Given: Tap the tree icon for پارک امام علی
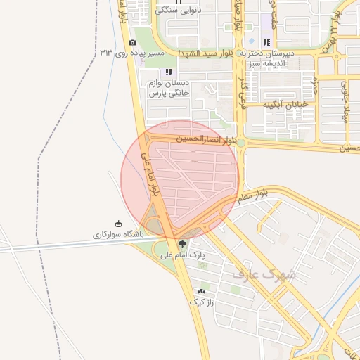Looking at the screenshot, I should coord(184,244).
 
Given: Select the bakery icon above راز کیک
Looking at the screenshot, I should coord(201,291).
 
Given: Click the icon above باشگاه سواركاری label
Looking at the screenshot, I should coord(118,223).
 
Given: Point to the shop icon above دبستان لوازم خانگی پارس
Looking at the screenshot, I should coord(168,72).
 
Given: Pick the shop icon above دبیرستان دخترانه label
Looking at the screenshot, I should coord(266,42).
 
